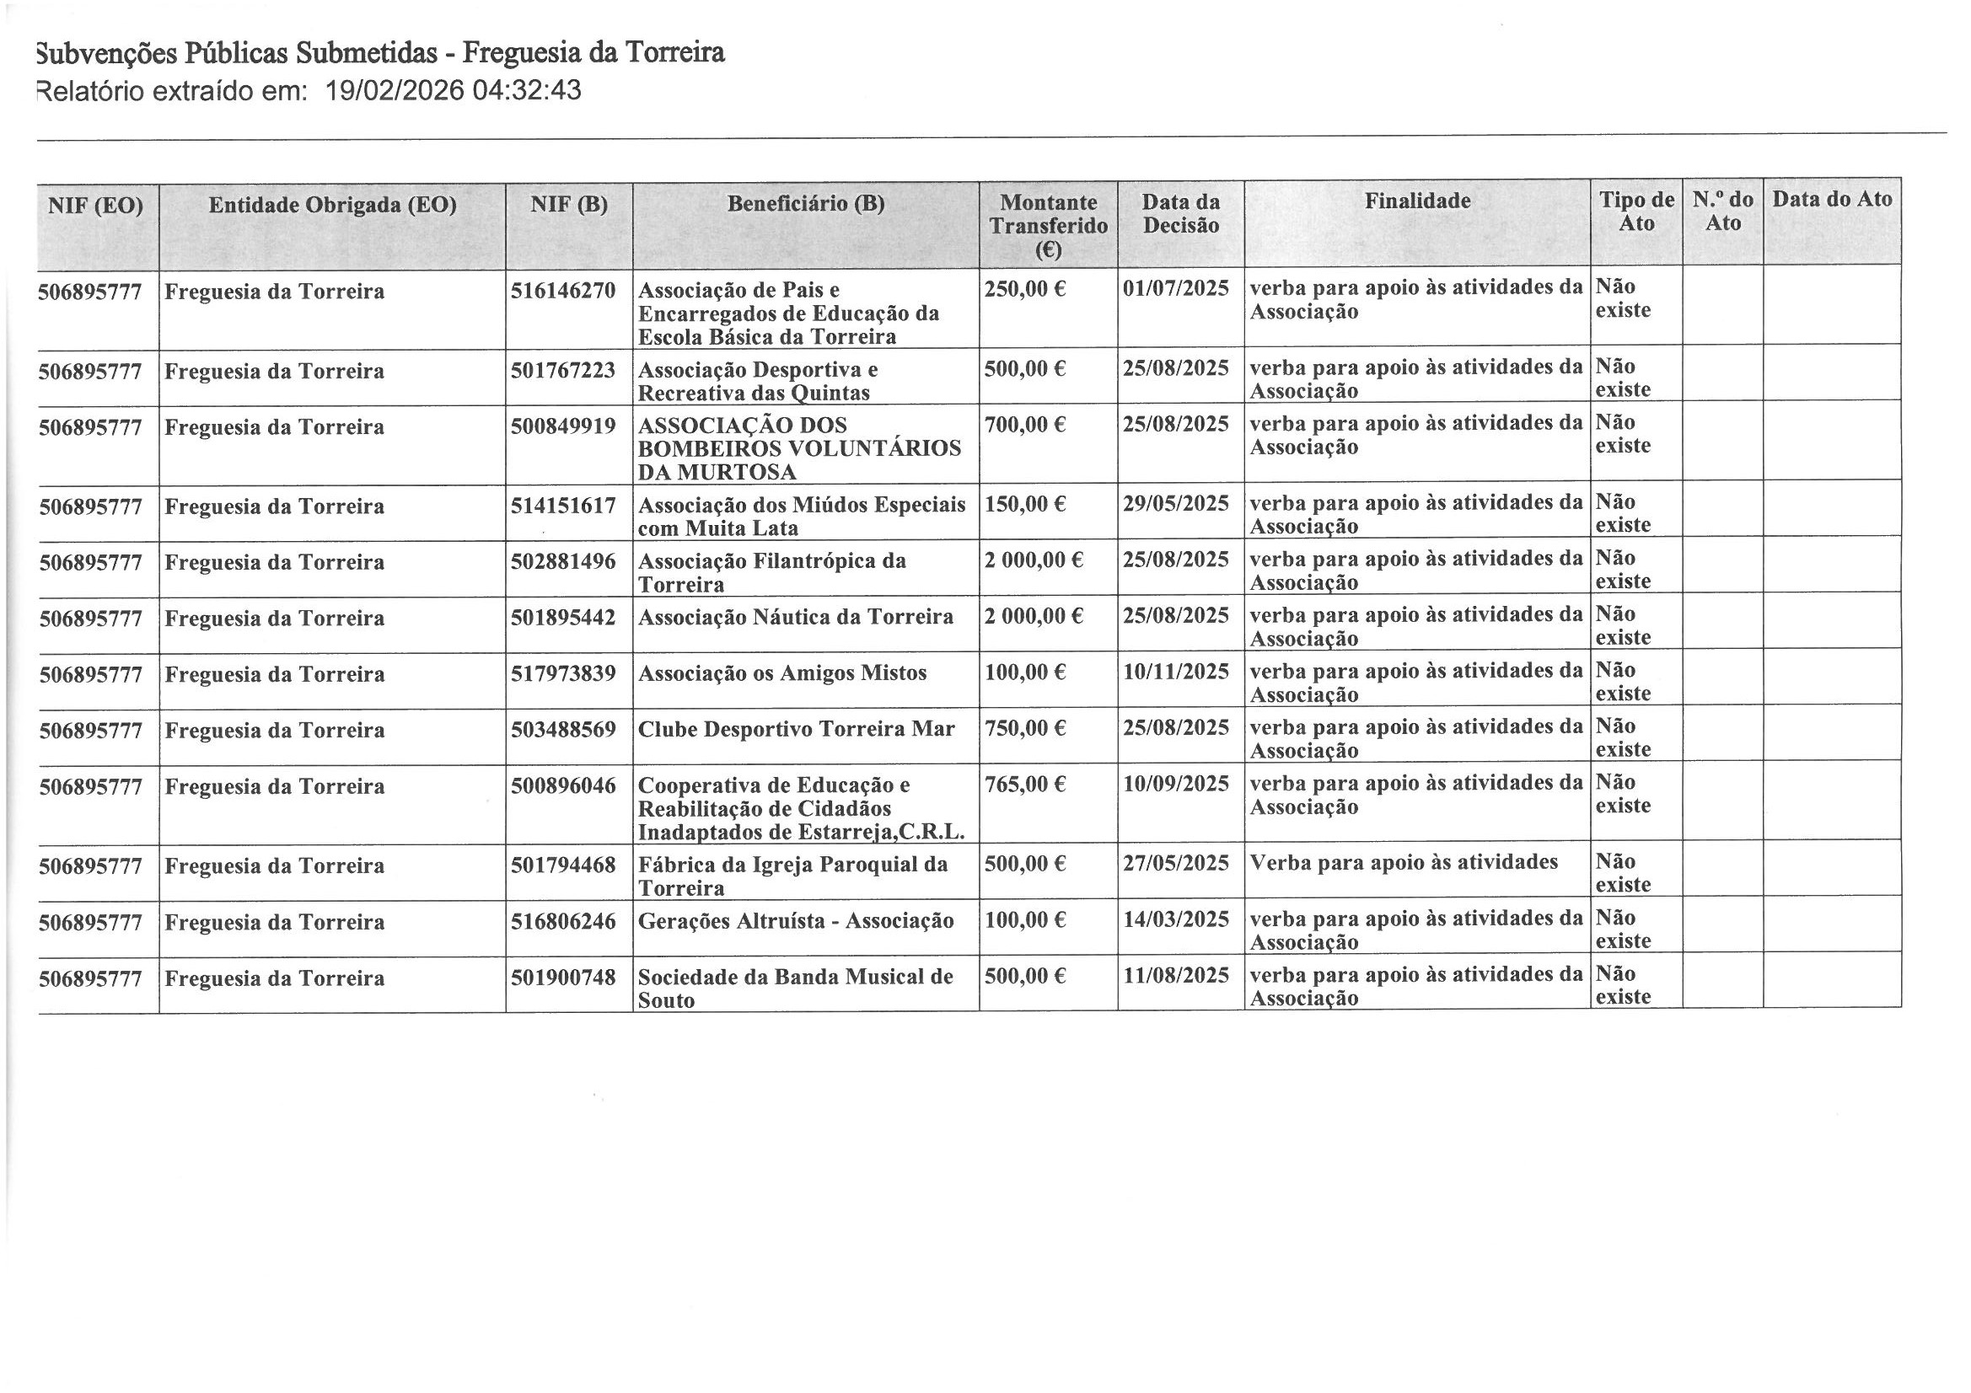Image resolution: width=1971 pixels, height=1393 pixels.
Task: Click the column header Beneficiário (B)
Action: (805, 204)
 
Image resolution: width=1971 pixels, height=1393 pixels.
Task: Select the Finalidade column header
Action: (1417, 201)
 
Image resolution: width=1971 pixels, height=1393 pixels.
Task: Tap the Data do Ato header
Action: (1832, 200)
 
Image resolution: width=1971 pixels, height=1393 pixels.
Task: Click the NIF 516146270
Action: (563, 291)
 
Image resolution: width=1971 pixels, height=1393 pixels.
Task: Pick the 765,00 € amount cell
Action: (1025, 785)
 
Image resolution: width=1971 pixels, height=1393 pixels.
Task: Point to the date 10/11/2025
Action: (1176, 672)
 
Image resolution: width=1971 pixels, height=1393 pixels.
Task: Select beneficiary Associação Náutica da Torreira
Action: (795, 618)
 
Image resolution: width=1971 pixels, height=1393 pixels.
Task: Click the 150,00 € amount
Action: (1025, 504)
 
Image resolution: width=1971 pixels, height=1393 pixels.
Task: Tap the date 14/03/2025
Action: (1176, 920)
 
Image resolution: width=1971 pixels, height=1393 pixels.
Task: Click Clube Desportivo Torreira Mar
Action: (796, 730)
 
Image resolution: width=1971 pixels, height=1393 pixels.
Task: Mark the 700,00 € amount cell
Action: (1025, 425)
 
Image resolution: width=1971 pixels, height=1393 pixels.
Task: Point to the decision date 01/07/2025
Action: (1176, 288)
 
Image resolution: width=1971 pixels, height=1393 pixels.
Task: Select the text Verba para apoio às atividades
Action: (1404, 863)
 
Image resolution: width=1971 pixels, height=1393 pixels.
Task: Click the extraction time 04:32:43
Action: (526, 91)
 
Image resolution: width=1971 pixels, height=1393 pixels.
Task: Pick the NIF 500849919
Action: (563, 426)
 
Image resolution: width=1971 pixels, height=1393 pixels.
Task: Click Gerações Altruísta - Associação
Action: (796, 922)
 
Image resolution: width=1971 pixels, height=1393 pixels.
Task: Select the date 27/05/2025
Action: (1176, 864)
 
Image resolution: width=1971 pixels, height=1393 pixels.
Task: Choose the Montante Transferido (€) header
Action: (1048, 226)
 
